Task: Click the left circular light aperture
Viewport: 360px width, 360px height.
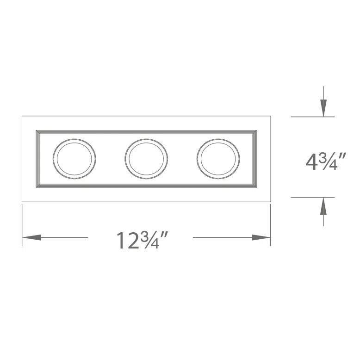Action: pyautogui.click(x=74, y=158)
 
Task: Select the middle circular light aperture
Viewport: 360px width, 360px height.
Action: pyautogui.click(x=146, y=158)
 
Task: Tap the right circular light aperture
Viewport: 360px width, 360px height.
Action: pyautogui.click(x=218, y=158)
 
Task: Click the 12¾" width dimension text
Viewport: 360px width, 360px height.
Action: pyautogui.click(x=141, y=240)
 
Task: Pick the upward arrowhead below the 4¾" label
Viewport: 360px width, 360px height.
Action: pyautogui.click(x=324, y=206)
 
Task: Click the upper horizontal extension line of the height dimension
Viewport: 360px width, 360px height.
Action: pyautogui.click(x=312, y=117)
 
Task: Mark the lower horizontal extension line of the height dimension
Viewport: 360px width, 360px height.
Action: pyautogui.click(x=312, y=197)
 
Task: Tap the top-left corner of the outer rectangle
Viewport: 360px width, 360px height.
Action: pyautogui.click(x=22, y=116)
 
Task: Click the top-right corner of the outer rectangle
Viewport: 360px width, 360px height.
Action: pyautogui.click(x=270, y=116)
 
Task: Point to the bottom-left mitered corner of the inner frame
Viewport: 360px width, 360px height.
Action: pyautogui.click(x=37, y=186)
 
